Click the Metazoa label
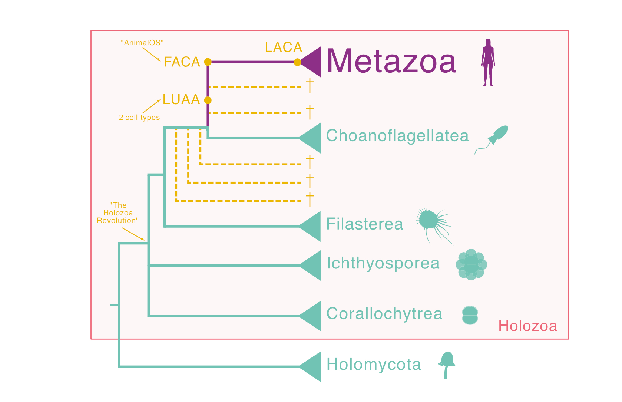[x=391, y=61]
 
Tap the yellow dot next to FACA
[x=208, y=62]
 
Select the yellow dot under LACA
[x=297, y=62]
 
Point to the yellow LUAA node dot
[x=208, y=100]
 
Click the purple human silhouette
[x=488, y=62]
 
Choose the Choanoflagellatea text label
[x=397, y=136]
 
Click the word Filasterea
[x=364, y=224]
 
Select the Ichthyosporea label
[x=383, y=263]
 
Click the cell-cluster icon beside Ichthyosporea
[x=471, y=264]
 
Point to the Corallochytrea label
[x=384, y=314]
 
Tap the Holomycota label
[x=374, y=365]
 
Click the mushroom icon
[x=447, y=364]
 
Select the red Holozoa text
[x=527, y=326]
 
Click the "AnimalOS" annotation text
[x=142, y=43]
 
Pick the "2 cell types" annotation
[x=139, y=118]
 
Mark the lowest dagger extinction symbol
[x=310, y=200]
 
